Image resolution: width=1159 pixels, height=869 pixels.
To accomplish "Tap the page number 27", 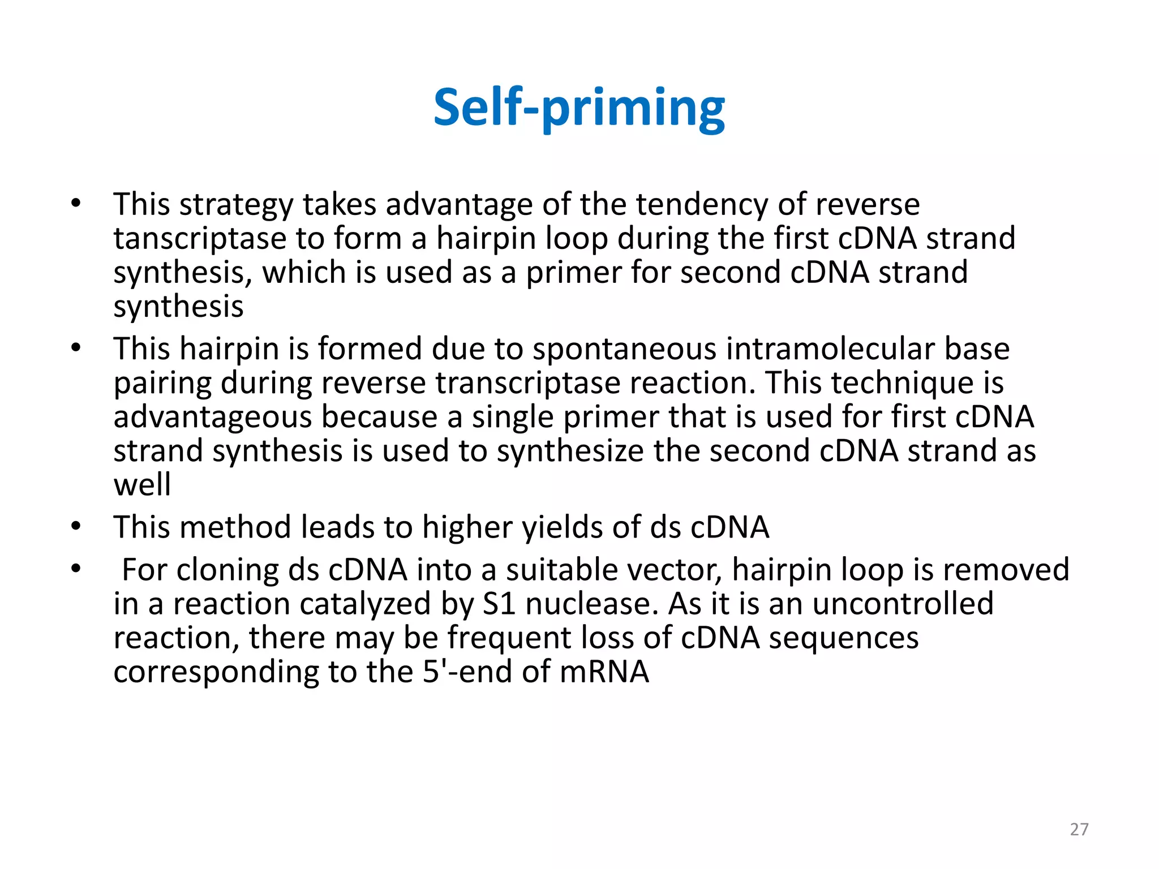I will coord(1079,829).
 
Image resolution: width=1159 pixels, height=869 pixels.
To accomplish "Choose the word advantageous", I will coord(213,418).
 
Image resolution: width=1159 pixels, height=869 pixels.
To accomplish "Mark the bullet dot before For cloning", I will coord(76,569).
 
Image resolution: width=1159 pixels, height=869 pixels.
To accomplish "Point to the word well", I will coord(142,485).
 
